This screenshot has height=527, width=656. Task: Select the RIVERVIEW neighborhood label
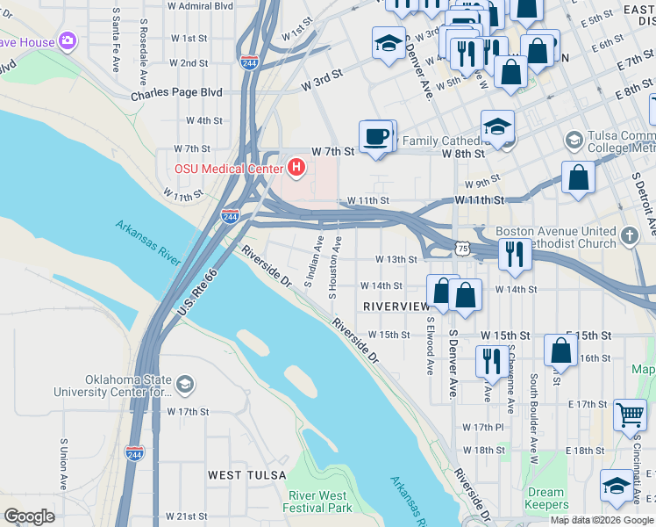[396, 307]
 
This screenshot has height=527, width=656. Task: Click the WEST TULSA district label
[246, 475]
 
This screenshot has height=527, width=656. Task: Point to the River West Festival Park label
[317, 502]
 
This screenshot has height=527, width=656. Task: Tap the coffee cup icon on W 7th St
[376, 137]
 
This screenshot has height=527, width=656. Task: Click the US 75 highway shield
[462, 249]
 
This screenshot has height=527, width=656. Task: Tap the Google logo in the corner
[29, 516]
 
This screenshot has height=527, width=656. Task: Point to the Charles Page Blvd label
[176, 92]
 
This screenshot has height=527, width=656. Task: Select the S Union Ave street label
[63, 465]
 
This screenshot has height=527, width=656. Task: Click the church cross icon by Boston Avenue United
[629, 235]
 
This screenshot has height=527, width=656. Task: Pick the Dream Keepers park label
[545, 499]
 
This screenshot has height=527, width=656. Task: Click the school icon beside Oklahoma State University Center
[185, 384]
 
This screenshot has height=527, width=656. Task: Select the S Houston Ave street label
[333, 266]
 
